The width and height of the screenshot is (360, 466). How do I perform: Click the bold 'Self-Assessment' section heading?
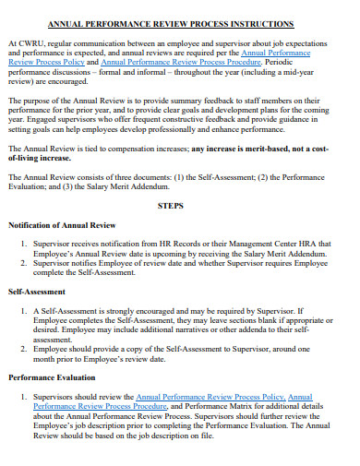click(x=38, y=292)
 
